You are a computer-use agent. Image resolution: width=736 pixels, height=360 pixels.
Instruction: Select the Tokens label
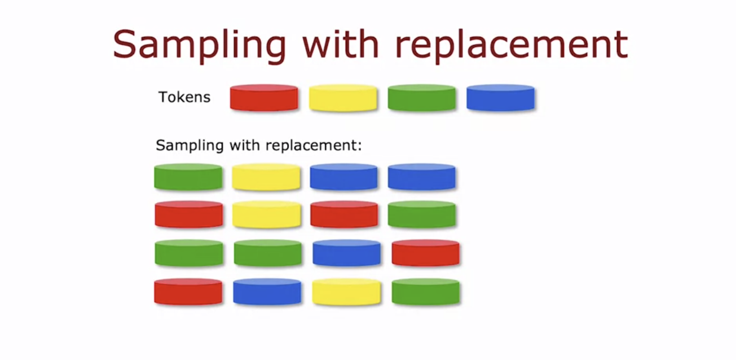184,97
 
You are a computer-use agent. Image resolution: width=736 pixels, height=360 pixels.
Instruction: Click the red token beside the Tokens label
264,98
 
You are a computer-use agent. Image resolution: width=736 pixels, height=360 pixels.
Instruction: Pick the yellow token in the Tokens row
343,98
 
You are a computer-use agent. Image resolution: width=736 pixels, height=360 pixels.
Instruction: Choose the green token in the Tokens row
421,98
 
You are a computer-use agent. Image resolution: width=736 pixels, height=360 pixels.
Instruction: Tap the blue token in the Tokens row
500,98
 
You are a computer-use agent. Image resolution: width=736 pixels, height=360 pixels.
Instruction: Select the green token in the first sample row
188,177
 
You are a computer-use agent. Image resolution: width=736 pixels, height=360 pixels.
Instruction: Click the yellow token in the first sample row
266,177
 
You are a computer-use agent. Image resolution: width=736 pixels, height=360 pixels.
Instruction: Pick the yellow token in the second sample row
266,214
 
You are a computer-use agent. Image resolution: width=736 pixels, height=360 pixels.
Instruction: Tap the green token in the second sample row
422,214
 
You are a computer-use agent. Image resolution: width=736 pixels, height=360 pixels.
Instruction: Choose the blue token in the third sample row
346,253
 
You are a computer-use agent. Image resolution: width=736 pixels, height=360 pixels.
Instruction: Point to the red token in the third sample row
425,253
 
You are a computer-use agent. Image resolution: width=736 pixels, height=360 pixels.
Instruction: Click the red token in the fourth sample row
188,292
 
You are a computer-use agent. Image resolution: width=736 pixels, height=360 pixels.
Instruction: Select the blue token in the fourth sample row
267,292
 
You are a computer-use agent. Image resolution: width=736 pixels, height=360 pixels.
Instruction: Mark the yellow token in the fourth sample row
346,292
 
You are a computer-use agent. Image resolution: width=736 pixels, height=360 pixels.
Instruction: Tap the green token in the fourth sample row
425,292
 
